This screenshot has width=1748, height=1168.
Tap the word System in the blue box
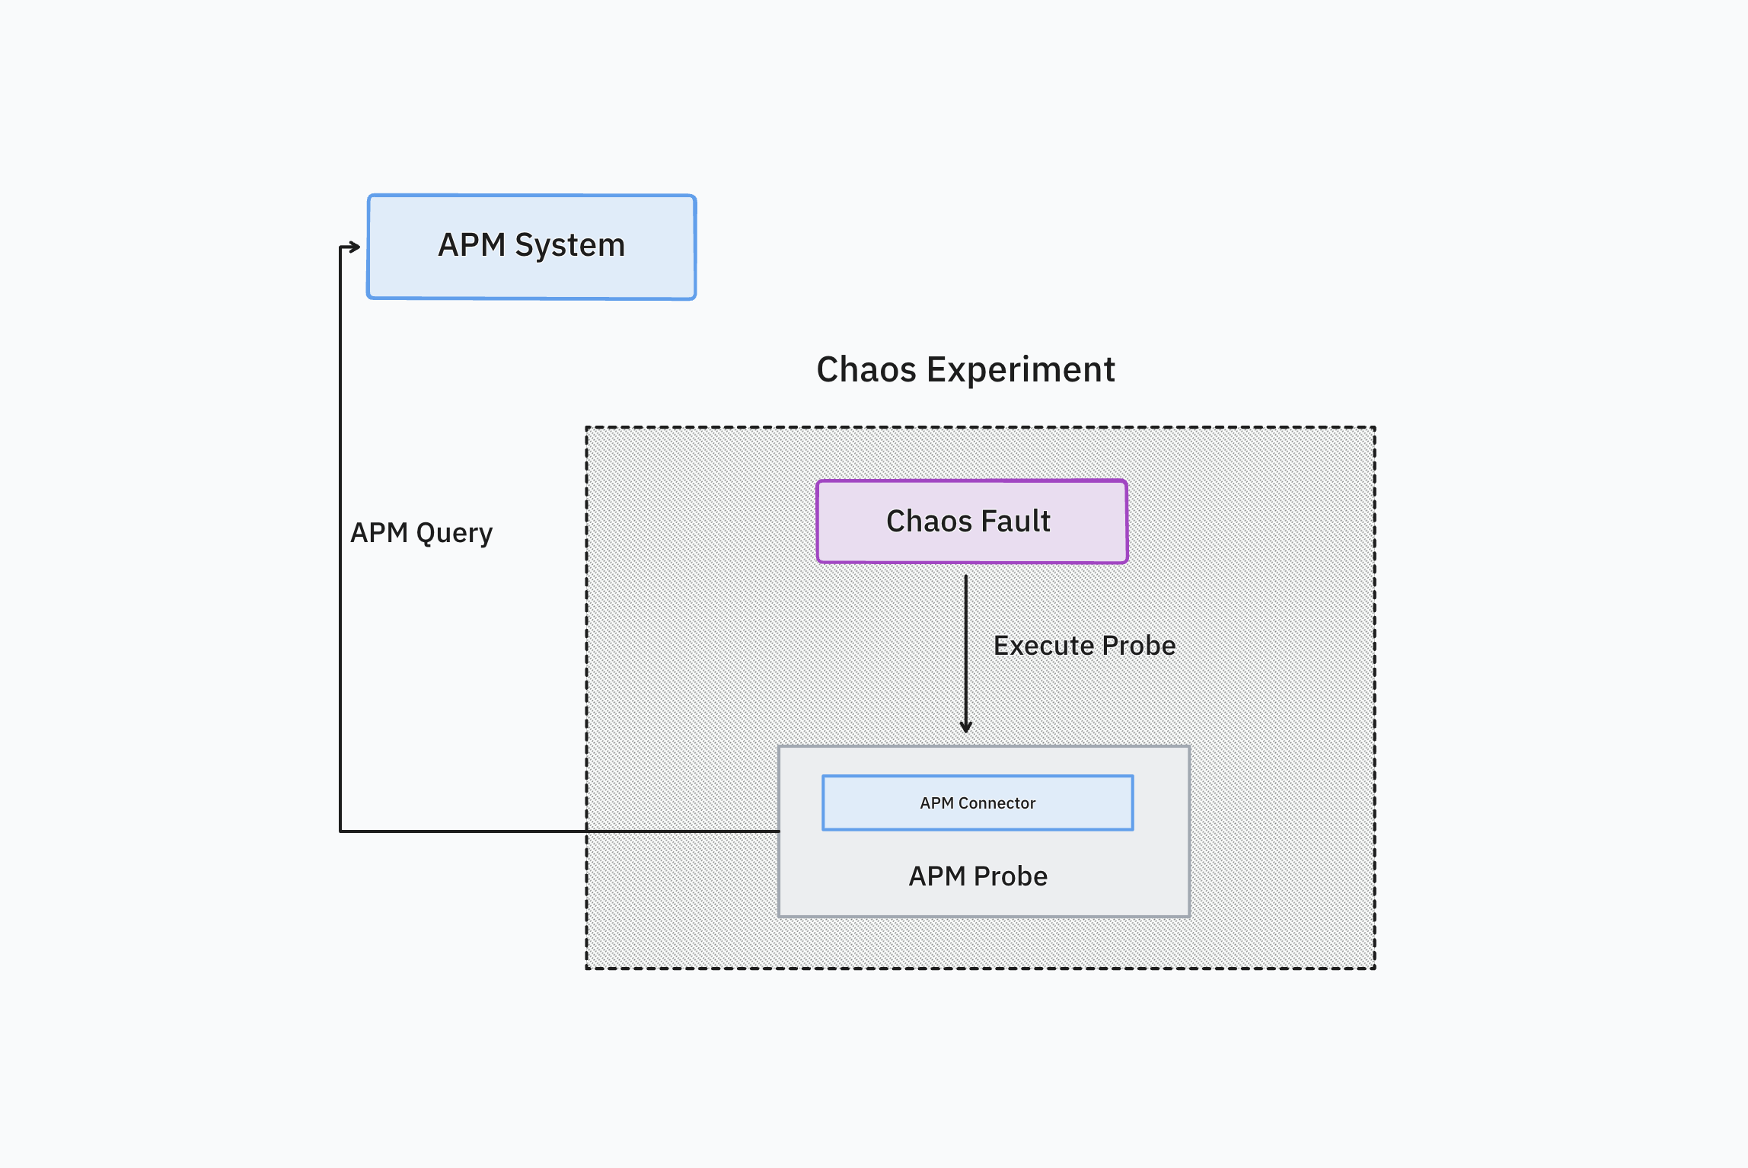(x=569, y=245)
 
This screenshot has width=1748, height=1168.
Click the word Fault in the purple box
(x=1016, y=522)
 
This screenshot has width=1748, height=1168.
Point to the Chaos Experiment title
(x=965, y=370)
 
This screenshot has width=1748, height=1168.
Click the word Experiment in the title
(x=1020, y=370)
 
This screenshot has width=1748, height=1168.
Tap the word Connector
(x=997, y=803)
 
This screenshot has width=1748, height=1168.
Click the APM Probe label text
(x=978, y=876)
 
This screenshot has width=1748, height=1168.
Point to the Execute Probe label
(x=1084, y=646)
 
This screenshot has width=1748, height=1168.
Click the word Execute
(x=1043, y=646)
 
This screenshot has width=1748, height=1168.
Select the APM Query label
(x=421, y=533)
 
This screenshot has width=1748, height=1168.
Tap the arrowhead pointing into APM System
(x=355, y=247)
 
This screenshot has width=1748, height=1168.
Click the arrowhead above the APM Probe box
(x=965, y=727)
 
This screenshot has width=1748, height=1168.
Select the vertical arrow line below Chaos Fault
(x=965, y=647)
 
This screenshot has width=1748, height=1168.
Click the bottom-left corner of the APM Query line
(x=340, y=831)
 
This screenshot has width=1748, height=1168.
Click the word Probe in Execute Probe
(x=1138, y=646)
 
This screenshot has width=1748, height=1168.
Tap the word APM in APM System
(x=471, y=245)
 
